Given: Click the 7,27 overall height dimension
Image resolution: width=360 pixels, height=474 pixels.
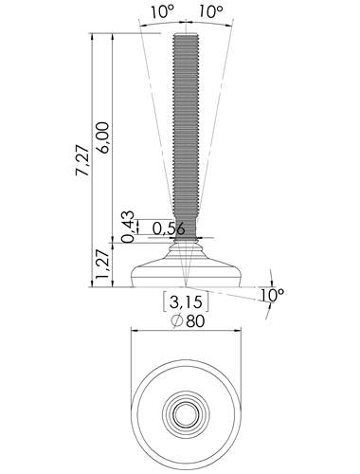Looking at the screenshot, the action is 82,160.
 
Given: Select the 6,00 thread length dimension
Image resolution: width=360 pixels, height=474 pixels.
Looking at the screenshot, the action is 103,137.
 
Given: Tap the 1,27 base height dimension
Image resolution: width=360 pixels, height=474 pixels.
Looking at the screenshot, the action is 102,264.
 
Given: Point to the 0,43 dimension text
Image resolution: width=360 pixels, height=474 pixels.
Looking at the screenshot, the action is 128,227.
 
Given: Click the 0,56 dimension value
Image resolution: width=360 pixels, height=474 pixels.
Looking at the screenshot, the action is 169,228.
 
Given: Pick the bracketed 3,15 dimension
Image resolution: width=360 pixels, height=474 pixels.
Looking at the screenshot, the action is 186,302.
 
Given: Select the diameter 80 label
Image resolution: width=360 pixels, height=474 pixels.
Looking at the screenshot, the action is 189,321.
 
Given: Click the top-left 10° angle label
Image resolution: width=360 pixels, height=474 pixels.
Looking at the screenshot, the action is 163,12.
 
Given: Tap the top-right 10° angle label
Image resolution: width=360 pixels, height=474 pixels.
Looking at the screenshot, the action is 211,12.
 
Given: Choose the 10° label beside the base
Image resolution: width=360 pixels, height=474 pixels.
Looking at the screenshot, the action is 272,295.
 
